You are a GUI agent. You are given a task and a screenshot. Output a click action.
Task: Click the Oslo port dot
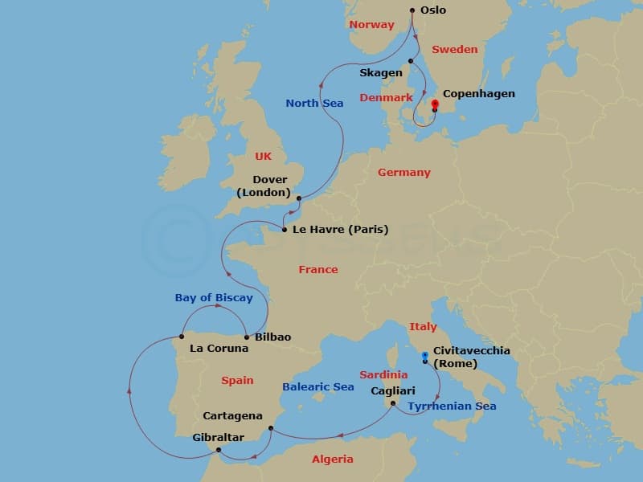click(x=412, y=10)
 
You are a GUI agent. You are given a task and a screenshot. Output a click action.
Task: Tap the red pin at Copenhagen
click(x=435, y=104)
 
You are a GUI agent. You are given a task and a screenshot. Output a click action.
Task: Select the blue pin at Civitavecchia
click(x=424, y=355)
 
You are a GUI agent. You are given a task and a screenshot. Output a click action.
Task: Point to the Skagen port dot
click(x=410, y=61)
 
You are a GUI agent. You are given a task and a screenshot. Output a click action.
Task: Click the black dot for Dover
click(x=298, y=198)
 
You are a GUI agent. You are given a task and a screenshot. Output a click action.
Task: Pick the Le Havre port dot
click(x=285, y=230)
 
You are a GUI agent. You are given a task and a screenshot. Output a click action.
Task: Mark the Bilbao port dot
click(x=246, y=337)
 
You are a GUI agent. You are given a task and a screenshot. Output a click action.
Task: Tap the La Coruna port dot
click(x=182, y=337)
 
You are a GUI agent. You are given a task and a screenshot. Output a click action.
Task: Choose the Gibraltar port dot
click(x=219, y=450)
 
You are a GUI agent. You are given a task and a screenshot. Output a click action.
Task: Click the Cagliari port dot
click(x=393, y=403)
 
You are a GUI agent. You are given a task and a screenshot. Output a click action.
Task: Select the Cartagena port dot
click(x=271, y=428)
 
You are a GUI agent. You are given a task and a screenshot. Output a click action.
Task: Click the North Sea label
click(x=314, y=103)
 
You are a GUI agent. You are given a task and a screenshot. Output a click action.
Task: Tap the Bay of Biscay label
click(x=214, y=297)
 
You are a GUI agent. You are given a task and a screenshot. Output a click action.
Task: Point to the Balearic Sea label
click(x=318, y=386)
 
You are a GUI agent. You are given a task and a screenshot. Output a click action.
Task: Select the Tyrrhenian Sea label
click(x=452, y=406)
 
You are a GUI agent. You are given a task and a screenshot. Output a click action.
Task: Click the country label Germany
click(x=404, y=172)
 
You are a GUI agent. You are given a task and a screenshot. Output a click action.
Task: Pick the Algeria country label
click(x=332, y=459)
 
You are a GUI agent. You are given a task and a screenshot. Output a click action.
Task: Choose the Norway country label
click(x=372, y=25)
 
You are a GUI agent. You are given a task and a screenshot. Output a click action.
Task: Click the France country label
click(x=318, y=269)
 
